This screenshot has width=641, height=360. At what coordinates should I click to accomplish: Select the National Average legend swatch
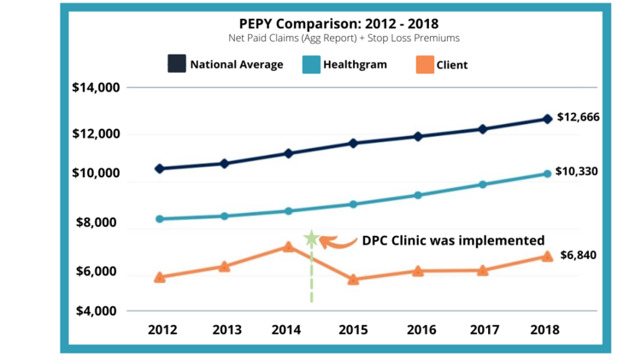(x=177, y=64)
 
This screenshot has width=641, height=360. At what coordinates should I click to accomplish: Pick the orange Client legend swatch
(x=422, y=64)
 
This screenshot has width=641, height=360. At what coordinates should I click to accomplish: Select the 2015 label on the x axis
(x=353, y=329)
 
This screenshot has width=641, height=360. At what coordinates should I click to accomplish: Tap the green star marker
(x=311, y=239)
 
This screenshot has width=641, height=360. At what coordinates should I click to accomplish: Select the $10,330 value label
(x=577, y=171)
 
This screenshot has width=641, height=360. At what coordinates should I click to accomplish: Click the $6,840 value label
(x=579, y=255)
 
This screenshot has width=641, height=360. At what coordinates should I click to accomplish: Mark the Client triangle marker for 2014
(x=289, y=246)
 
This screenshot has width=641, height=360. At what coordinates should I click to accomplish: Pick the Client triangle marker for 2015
(x=353, y=279)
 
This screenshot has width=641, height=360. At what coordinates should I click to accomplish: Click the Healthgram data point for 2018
(x=547, y=174)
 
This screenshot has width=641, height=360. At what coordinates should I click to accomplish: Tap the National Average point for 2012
(x=160, y=168)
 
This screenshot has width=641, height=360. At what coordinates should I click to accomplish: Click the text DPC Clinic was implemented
(x=453, y=241)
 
